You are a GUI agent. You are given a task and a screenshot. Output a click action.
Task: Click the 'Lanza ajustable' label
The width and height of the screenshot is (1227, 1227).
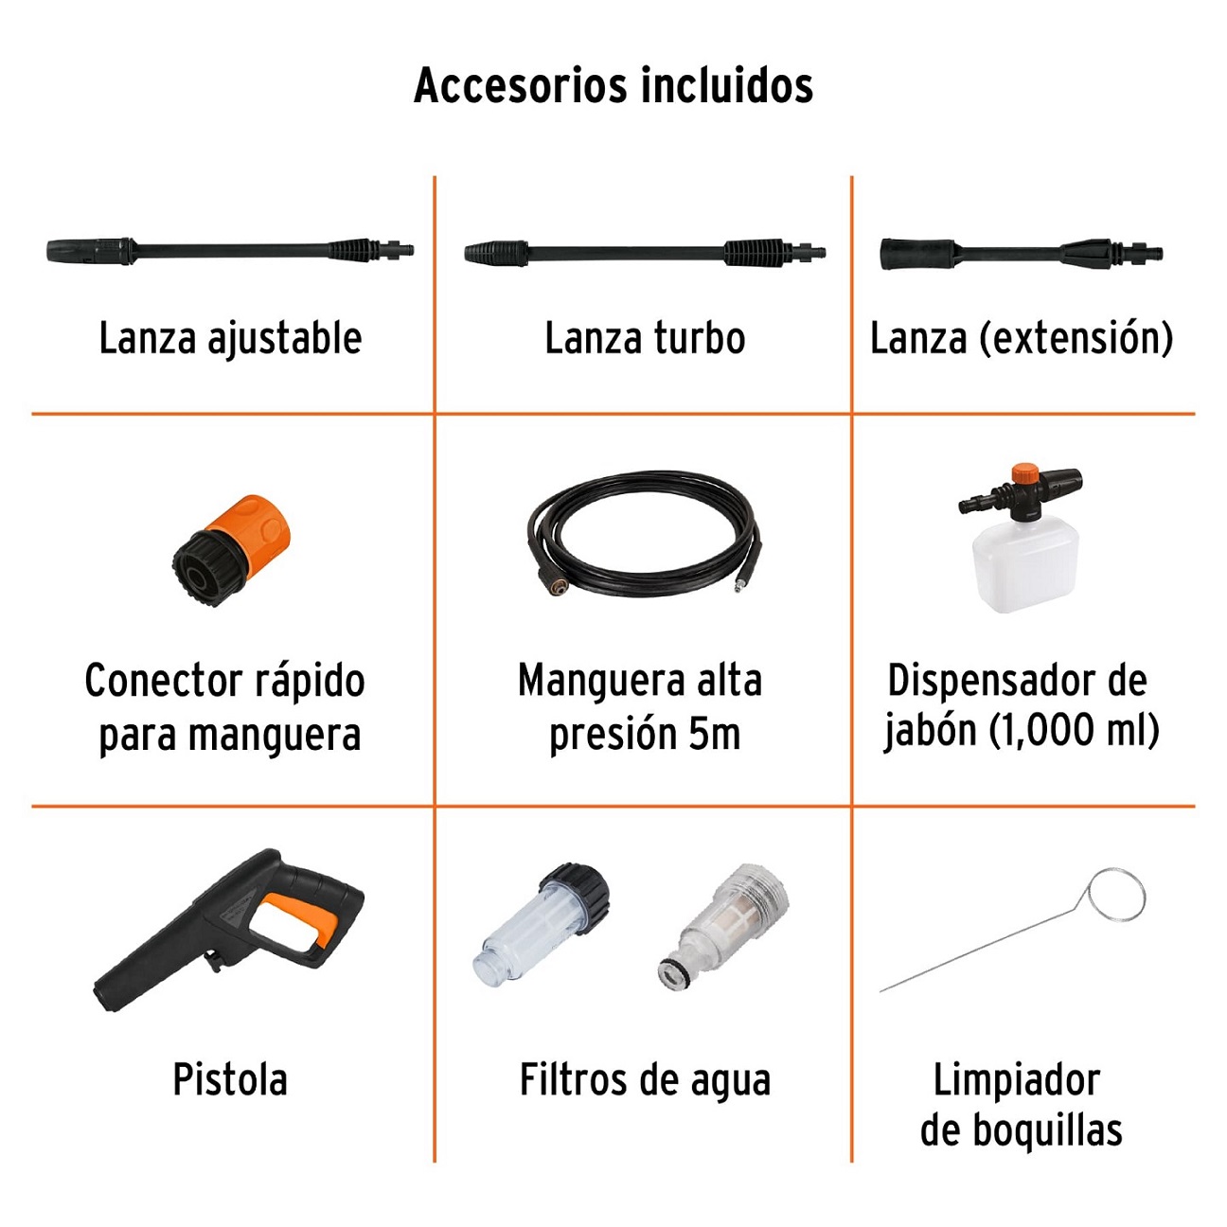point(230,339)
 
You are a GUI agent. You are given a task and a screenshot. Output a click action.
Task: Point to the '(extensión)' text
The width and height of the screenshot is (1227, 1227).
point(1076,339)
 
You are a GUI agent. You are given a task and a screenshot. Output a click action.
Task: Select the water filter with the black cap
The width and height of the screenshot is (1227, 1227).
point(544,923)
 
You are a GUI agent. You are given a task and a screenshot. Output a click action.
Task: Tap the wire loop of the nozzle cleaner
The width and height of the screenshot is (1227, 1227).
point(1116,893)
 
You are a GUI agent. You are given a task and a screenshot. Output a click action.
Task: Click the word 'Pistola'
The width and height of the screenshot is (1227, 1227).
point(230,1080)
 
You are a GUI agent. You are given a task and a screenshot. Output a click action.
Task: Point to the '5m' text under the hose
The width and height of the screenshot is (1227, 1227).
point(714,734)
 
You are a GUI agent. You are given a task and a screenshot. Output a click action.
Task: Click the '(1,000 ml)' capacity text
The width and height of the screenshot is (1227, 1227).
point(1075,731)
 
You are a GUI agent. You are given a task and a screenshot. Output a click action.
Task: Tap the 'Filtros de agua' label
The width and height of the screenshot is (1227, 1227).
point(645,1080)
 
